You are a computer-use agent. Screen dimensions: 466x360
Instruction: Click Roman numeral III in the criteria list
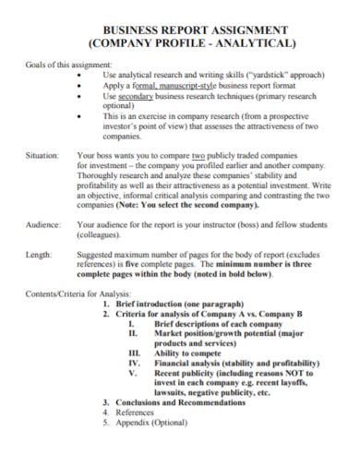point(135,352)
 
